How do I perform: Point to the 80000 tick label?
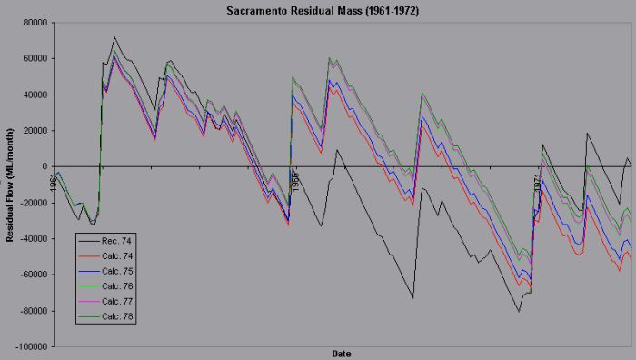click(x=35, y=23)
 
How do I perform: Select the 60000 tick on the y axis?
click(x=35, y=58)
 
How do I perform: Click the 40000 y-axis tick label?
click(x=35, y=95)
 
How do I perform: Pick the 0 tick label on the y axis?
click(x=44, y=166)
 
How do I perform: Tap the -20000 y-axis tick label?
click(x=33, y=203)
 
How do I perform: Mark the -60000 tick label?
click(x=33, y=275)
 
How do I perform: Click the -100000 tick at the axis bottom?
click(x=31, y=346)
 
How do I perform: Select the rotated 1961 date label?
click(x=54, y=182)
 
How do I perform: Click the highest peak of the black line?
click(x=114, y=37)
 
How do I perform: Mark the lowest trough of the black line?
click(x=520, y=312)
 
